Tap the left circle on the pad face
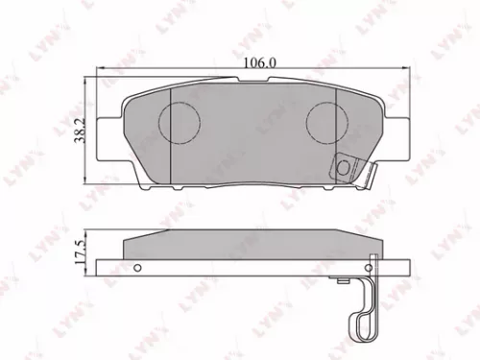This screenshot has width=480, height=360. pyautogui.click(x=178, y=122)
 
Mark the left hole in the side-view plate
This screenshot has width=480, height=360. pyautogui.click(x=137, y=266)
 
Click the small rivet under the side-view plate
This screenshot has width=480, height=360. pyautogui.click(x=344, y=281)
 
